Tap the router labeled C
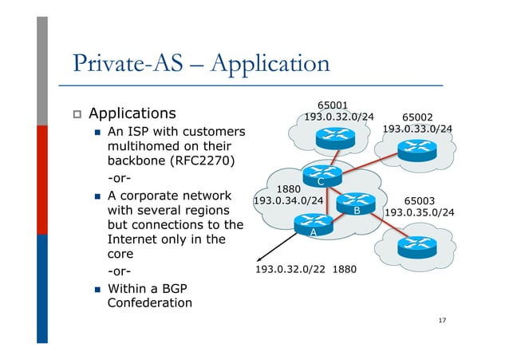click(320, 176)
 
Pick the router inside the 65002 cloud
click(416, 148)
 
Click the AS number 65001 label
click(332, 105)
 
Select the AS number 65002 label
click(417, 116)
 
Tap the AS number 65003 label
click(420, 200)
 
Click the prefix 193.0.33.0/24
click(417, 129)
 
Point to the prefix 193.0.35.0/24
click(420, 213)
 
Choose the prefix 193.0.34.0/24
click(288, 201)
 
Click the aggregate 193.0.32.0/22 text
click(290, 270)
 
